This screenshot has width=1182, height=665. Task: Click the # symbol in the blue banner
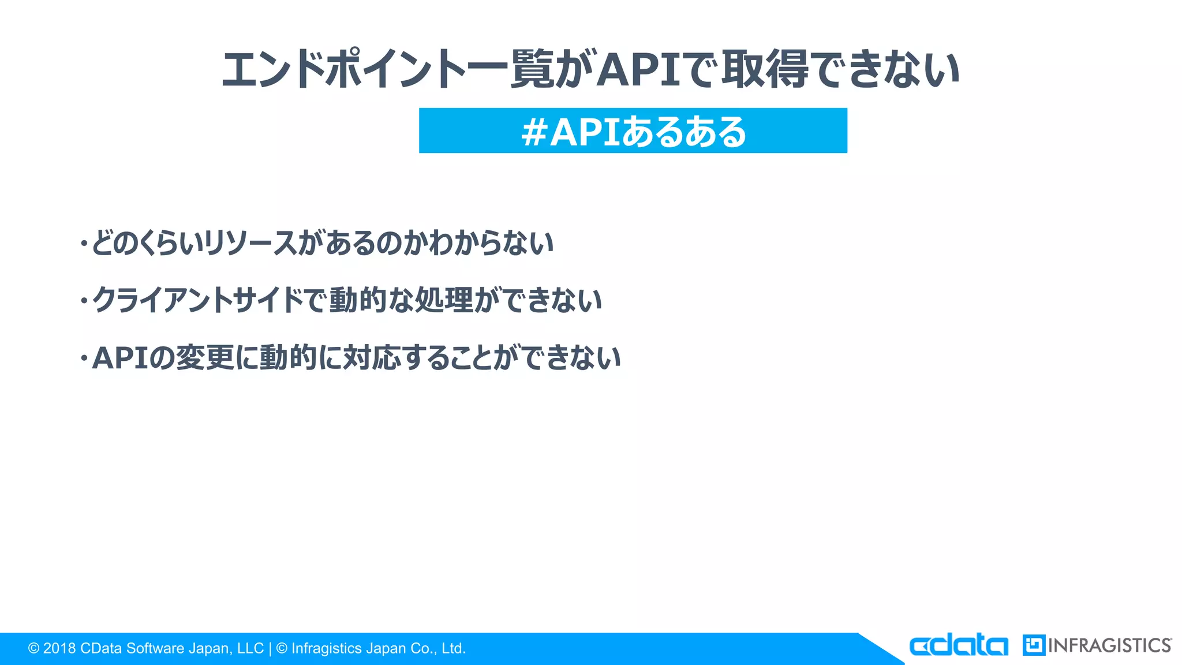pos(534,132)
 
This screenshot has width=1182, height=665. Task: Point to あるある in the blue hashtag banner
pos(684,132)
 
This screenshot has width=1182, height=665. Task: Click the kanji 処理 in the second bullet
pos(444,300)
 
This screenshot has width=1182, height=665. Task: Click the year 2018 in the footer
pos(59,649)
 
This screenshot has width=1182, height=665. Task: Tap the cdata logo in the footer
pos(958,645)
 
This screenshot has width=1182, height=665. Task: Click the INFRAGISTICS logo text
pos(1109,645)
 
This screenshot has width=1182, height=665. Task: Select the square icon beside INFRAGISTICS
pos(1033,645)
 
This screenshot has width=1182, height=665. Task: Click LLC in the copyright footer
pos(250,649)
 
